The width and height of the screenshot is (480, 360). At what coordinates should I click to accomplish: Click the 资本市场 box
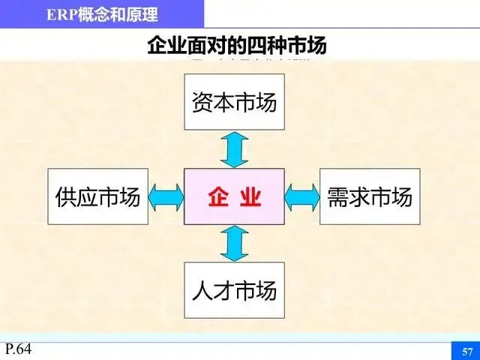coord(234,102)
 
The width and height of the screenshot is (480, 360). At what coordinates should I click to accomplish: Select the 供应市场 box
coord(98,196)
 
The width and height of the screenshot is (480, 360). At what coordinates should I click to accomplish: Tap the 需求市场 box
coord(370,196)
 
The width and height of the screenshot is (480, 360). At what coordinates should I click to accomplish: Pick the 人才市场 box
coord(234,290)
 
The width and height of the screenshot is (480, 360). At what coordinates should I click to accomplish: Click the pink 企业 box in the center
coord(234,196)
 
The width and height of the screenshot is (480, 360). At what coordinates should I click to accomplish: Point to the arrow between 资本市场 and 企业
coord(234,149)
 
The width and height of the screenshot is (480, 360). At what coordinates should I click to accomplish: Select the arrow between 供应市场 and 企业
coord(166,196)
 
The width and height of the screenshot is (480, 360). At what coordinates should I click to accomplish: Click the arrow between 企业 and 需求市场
coord(302,196)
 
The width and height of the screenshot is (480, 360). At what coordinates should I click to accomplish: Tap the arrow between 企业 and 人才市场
coord(234,244)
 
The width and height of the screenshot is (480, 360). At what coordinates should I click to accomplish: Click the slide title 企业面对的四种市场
coord(237,46)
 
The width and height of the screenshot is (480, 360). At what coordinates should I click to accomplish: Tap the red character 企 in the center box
coord(217,197)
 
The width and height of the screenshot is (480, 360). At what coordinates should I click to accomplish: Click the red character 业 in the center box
coord(250,197)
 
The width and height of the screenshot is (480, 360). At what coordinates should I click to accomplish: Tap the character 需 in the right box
coord(337,197)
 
